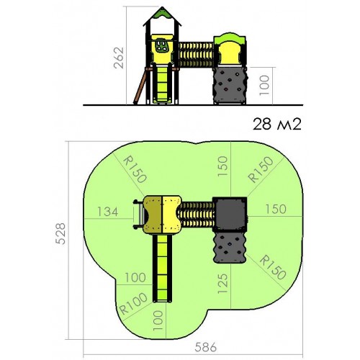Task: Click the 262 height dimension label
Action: tap(119, 58)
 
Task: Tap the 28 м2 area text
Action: tap(276, 125)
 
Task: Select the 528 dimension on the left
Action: tap(60, 233)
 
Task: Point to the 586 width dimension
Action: tap(205, 347)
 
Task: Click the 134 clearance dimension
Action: tap(108, 212)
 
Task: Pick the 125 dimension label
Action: tap(222, 283)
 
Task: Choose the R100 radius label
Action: tap(133, 303)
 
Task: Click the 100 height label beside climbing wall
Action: tap(264, 85)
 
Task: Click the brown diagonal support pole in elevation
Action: tap(140, 87)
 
